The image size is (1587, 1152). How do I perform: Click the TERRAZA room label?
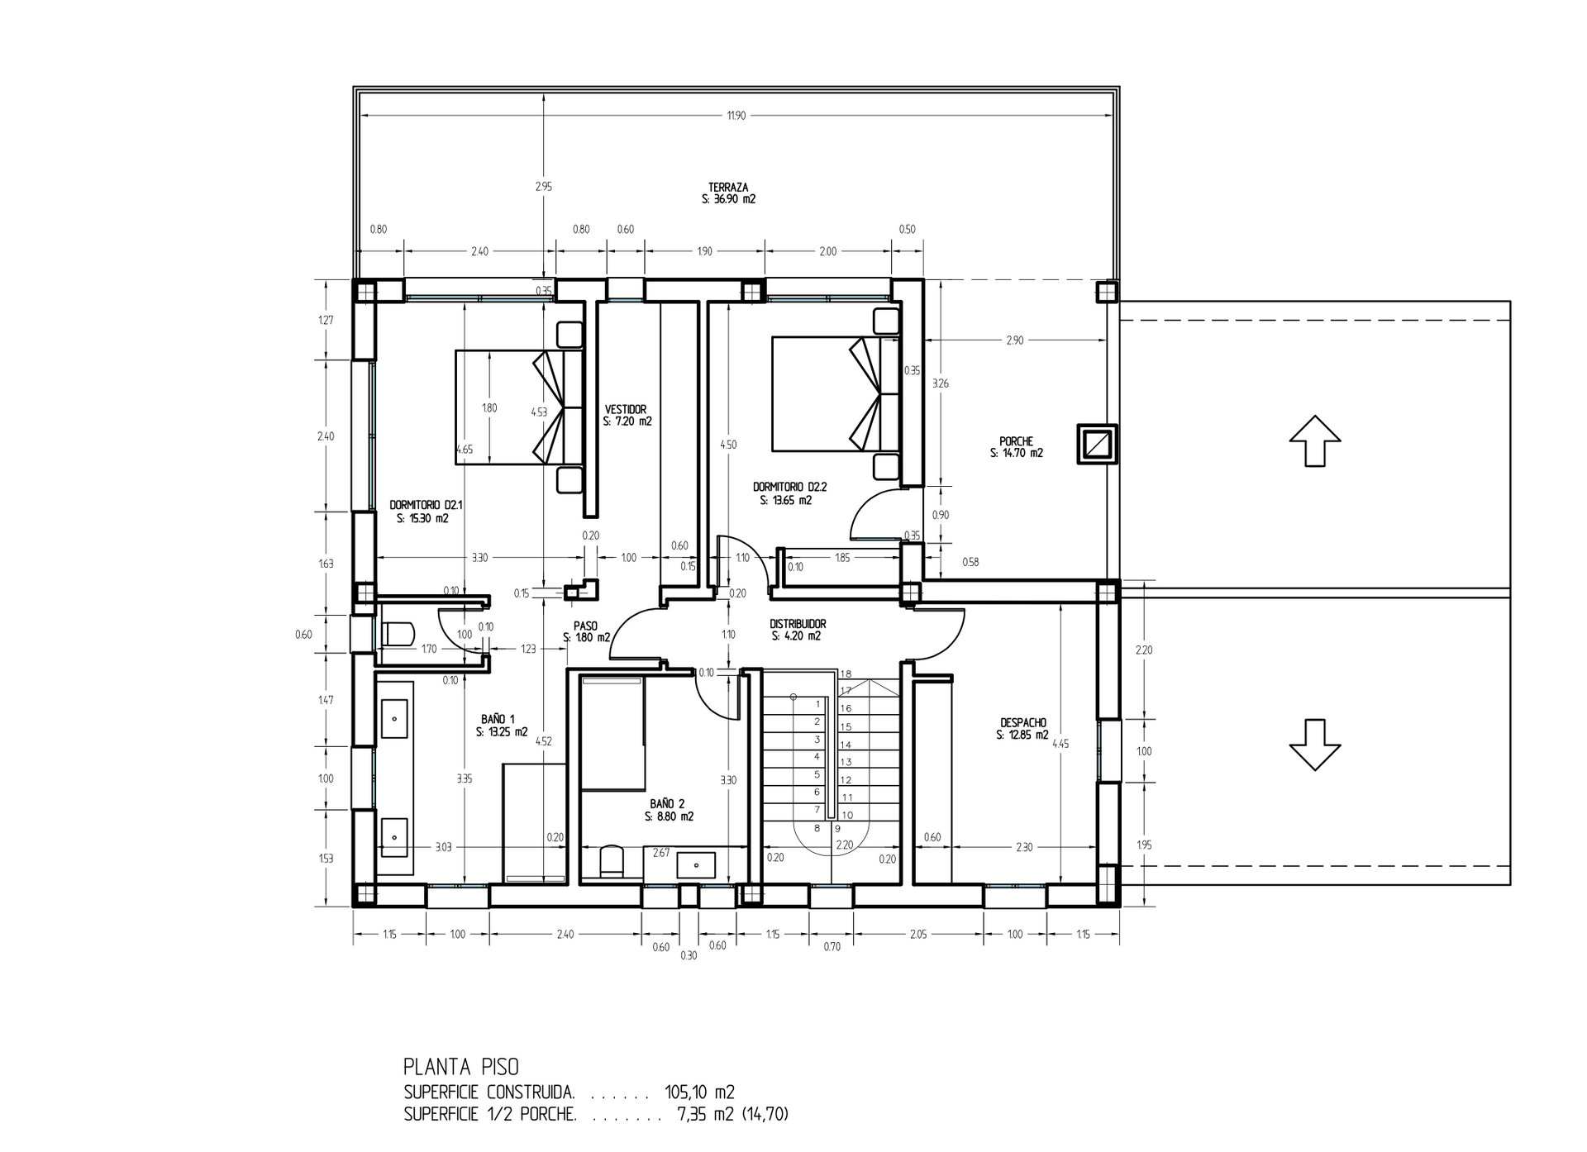pyautogui.click(x=728, y=188)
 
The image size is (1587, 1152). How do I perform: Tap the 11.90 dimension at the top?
pyautogui.click(x=736, y=116)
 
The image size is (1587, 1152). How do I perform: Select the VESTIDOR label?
pyautogui.click(x=626, y=409)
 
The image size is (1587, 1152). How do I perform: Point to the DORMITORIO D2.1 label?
pyautogui.click(x=425, y=505)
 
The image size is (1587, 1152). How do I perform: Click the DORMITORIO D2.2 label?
pyautogui.click(x=789, y=487)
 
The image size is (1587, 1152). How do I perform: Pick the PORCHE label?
pyautogui.click(x=1016, y=441)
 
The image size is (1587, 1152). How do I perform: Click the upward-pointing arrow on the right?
pyautogui.click(x=1315, y=441)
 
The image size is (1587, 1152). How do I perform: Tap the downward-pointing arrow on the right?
pyautogui.click(x=1315, y=745)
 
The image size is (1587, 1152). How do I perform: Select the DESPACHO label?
pyautogui.click(x=1022, y=722)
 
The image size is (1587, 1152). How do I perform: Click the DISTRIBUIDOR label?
pyautogui.click(x=798, y=624)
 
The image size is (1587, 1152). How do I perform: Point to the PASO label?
pyautogui.click(x=585, y=626)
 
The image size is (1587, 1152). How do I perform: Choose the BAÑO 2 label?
pyautogui.click(x=667, y=803)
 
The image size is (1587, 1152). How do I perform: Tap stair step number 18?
pyautogui.click(x=846, y=674)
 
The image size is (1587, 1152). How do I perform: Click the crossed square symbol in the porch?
pyautogui.click(x=1098, y=445)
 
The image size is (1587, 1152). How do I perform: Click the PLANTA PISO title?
pyautogui.click(x=461, y=1066)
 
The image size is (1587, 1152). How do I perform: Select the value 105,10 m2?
pyautogui.click(x=700, y=1092)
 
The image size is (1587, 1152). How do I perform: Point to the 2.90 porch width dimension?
pyautogui.click(x=1015, y=340)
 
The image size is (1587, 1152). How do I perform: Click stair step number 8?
pyautogui.click(x=817, y=827)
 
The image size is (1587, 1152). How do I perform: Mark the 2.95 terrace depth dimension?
pyautogui.click(x=543, y=187)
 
